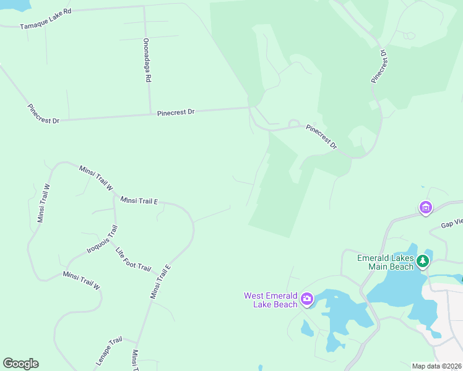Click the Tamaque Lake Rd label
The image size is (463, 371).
46,20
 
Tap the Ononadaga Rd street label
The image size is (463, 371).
147,60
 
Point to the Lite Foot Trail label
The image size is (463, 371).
133,259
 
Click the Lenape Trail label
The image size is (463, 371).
108,349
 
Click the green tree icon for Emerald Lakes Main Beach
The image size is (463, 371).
423,262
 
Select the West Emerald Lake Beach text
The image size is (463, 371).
270,300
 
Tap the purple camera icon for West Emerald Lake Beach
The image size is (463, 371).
307,301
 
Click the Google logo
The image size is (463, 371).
20,364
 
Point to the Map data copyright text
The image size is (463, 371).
436,366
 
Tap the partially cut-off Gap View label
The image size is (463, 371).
451,223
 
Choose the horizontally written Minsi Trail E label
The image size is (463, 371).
139,200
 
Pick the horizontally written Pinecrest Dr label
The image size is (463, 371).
176,113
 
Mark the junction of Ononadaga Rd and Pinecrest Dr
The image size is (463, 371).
150,114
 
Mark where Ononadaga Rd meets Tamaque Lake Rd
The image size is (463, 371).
144,7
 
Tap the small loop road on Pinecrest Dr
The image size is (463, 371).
293,125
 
